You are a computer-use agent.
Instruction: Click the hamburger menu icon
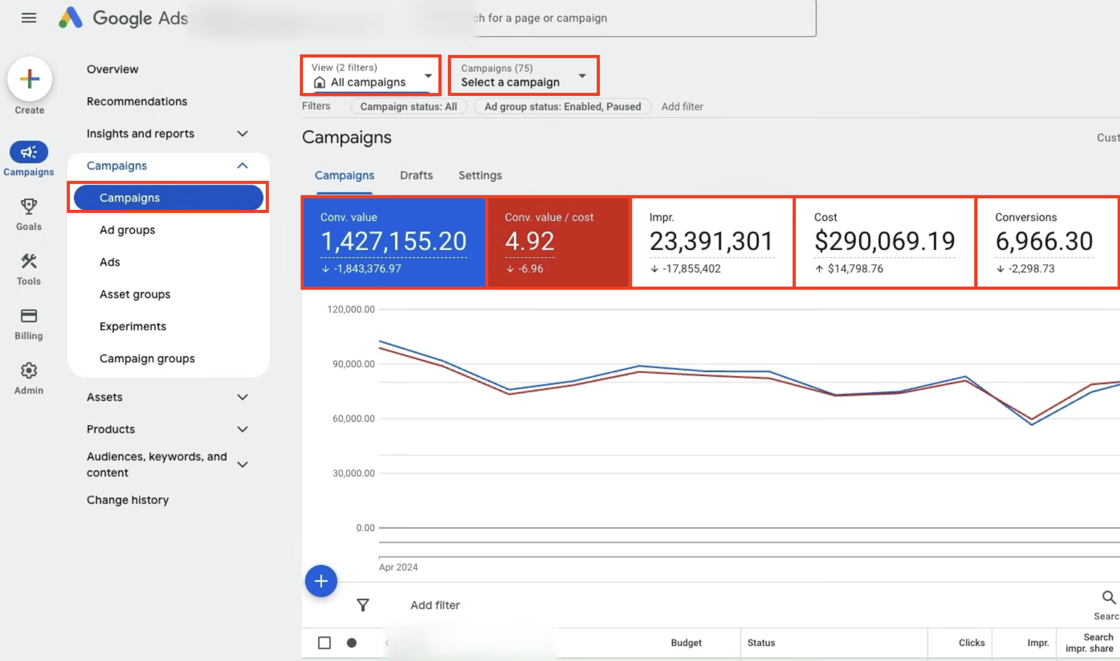click(x=29, y=18)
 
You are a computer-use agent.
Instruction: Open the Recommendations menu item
click(x=137, y=101)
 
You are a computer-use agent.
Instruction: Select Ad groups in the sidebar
click(x=127, y=230)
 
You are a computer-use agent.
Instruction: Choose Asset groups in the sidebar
click(x=135, y=294)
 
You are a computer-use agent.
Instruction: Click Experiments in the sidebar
click(x=133, y=326)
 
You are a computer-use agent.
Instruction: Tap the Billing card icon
click(x=29, y=316)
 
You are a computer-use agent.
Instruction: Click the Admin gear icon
click(x=29, y=371)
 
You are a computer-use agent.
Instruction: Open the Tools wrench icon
click(x=29, y=261)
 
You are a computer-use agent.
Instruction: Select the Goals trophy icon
click(x=29, y=206)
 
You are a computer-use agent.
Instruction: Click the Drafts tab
click(x=416, y=175)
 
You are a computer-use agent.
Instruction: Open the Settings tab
click(x=480, y=175)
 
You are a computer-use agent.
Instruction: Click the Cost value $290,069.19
click(x=885, y=241)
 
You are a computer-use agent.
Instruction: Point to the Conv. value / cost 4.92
click(x=530, y=241)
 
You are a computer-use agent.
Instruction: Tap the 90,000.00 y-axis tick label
click(x=353, y=364)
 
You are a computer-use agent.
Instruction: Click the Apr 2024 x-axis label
click(x=399, y=567)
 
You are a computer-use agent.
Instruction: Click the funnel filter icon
click(x=363, y=605)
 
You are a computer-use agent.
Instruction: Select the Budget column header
click(x=686, y=643)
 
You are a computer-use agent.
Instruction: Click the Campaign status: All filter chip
click(x=408, y=106)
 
